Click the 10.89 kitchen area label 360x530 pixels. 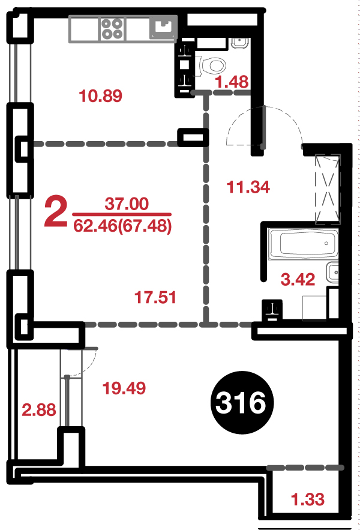tap(100, 95)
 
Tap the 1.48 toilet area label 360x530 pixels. tap(232, 82)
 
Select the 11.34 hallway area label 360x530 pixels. tap(248, 187)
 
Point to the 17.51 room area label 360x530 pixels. tap(155, 298)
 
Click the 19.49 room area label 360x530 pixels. tap(124, 388)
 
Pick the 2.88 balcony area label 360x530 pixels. tap(39, 410)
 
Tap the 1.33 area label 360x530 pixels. tap(308, 499)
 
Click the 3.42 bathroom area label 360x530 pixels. tap(298, 280)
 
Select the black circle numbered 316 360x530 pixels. tap(242, 403)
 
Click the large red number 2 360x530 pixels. tap(56, 212)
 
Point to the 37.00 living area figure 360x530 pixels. tap(127, 204)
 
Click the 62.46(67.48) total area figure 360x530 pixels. tap(122, 226)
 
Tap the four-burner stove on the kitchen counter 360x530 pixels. tap(113, 28)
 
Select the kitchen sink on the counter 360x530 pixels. tap(163, 28)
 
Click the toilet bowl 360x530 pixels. tap(211, 65)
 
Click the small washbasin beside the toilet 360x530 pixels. tap(239, 43)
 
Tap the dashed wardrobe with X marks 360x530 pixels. tap(327, 189)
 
